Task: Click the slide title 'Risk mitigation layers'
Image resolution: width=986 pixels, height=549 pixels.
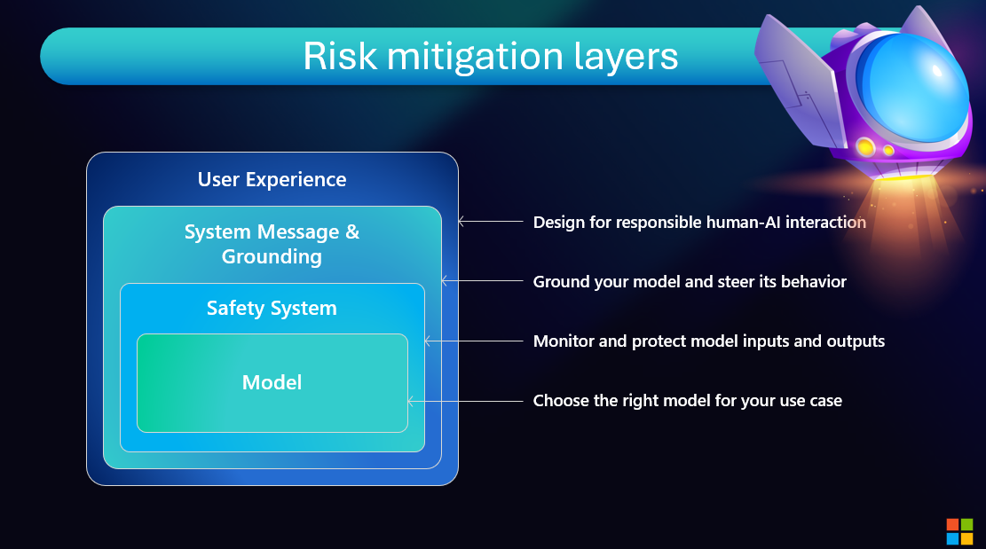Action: pos(490,56)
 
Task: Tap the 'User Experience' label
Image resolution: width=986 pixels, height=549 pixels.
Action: pos(272,179)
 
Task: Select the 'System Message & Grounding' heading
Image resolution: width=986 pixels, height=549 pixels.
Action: pos(272,245)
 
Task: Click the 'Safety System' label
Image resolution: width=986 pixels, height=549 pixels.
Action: pos(272,309)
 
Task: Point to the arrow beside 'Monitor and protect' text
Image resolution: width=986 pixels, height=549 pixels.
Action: pos(474,341)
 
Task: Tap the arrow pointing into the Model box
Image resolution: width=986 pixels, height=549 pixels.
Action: pos(465,401)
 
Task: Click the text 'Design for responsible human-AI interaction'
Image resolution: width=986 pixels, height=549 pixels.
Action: pos(699,223)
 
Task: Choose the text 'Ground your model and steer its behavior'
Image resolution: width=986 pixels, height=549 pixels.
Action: pos(690,282)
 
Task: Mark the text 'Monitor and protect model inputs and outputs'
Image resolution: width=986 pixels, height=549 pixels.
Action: pos(708,341)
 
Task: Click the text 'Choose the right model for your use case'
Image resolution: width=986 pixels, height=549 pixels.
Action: pos(687,401)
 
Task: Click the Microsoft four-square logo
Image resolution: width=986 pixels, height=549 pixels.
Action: pos(959,531)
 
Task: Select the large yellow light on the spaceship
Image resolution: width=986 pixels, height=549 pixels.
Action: pos(864,146)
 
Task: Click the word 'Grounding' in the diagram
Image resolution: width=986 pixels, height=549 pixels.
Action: pos(272,257)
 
